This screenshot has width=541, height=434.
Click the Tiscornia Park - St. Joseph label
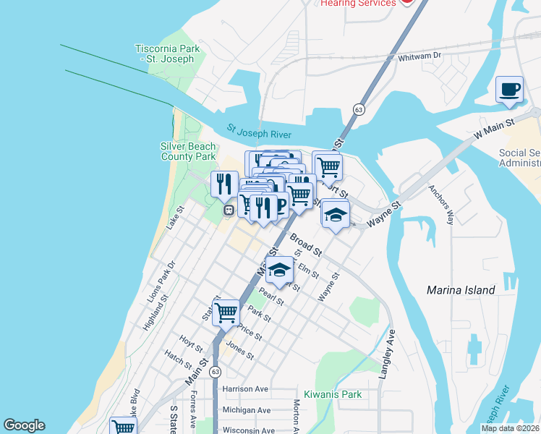(x=167, y=54)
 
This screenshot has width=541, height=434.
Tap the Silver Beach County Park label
(x=188, y=151)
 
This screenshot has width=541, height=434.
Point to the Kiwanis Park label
(x=332, y=394)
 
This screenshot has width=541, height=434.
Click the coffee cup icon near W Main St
(x=509, y=90)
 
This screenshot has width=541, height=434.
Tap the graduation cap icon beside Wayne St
(x=336, y=215)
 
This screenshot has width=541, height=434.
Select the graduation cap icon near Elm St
(x=279, y=271)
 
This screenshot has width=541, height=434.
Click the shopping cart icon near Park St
(x=226, y=313)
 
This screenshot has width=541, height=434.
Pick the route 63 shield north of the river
(x=359, y=109)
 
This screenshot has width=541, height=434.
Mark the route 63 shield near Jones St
(x=215, y=371)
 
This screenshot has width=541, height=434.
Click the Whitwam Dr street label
(x=419, y=55)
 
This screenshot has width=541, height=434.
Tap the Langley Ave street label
(x=388, y=354)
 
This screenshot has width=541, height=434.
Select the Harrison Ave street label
(x=245, y=388)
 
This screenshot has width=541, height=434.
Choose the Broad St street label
(x=306, y=244)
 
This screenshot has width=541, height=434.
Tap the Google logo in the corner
(x=25, y=425)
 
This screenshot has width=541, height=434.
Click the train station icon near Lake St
(x=229, y=210)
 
